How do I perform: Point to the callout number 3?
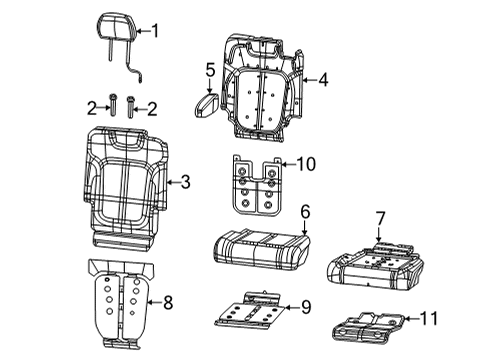(184, 182)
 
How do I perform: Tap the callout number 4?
(323, 79)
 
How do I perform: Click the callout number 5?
(210, 70)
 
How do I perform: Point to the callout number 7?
(379, 217)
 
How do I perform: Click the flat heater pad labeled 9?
(250, 311)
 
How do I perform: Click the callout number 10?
(306, 163)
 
